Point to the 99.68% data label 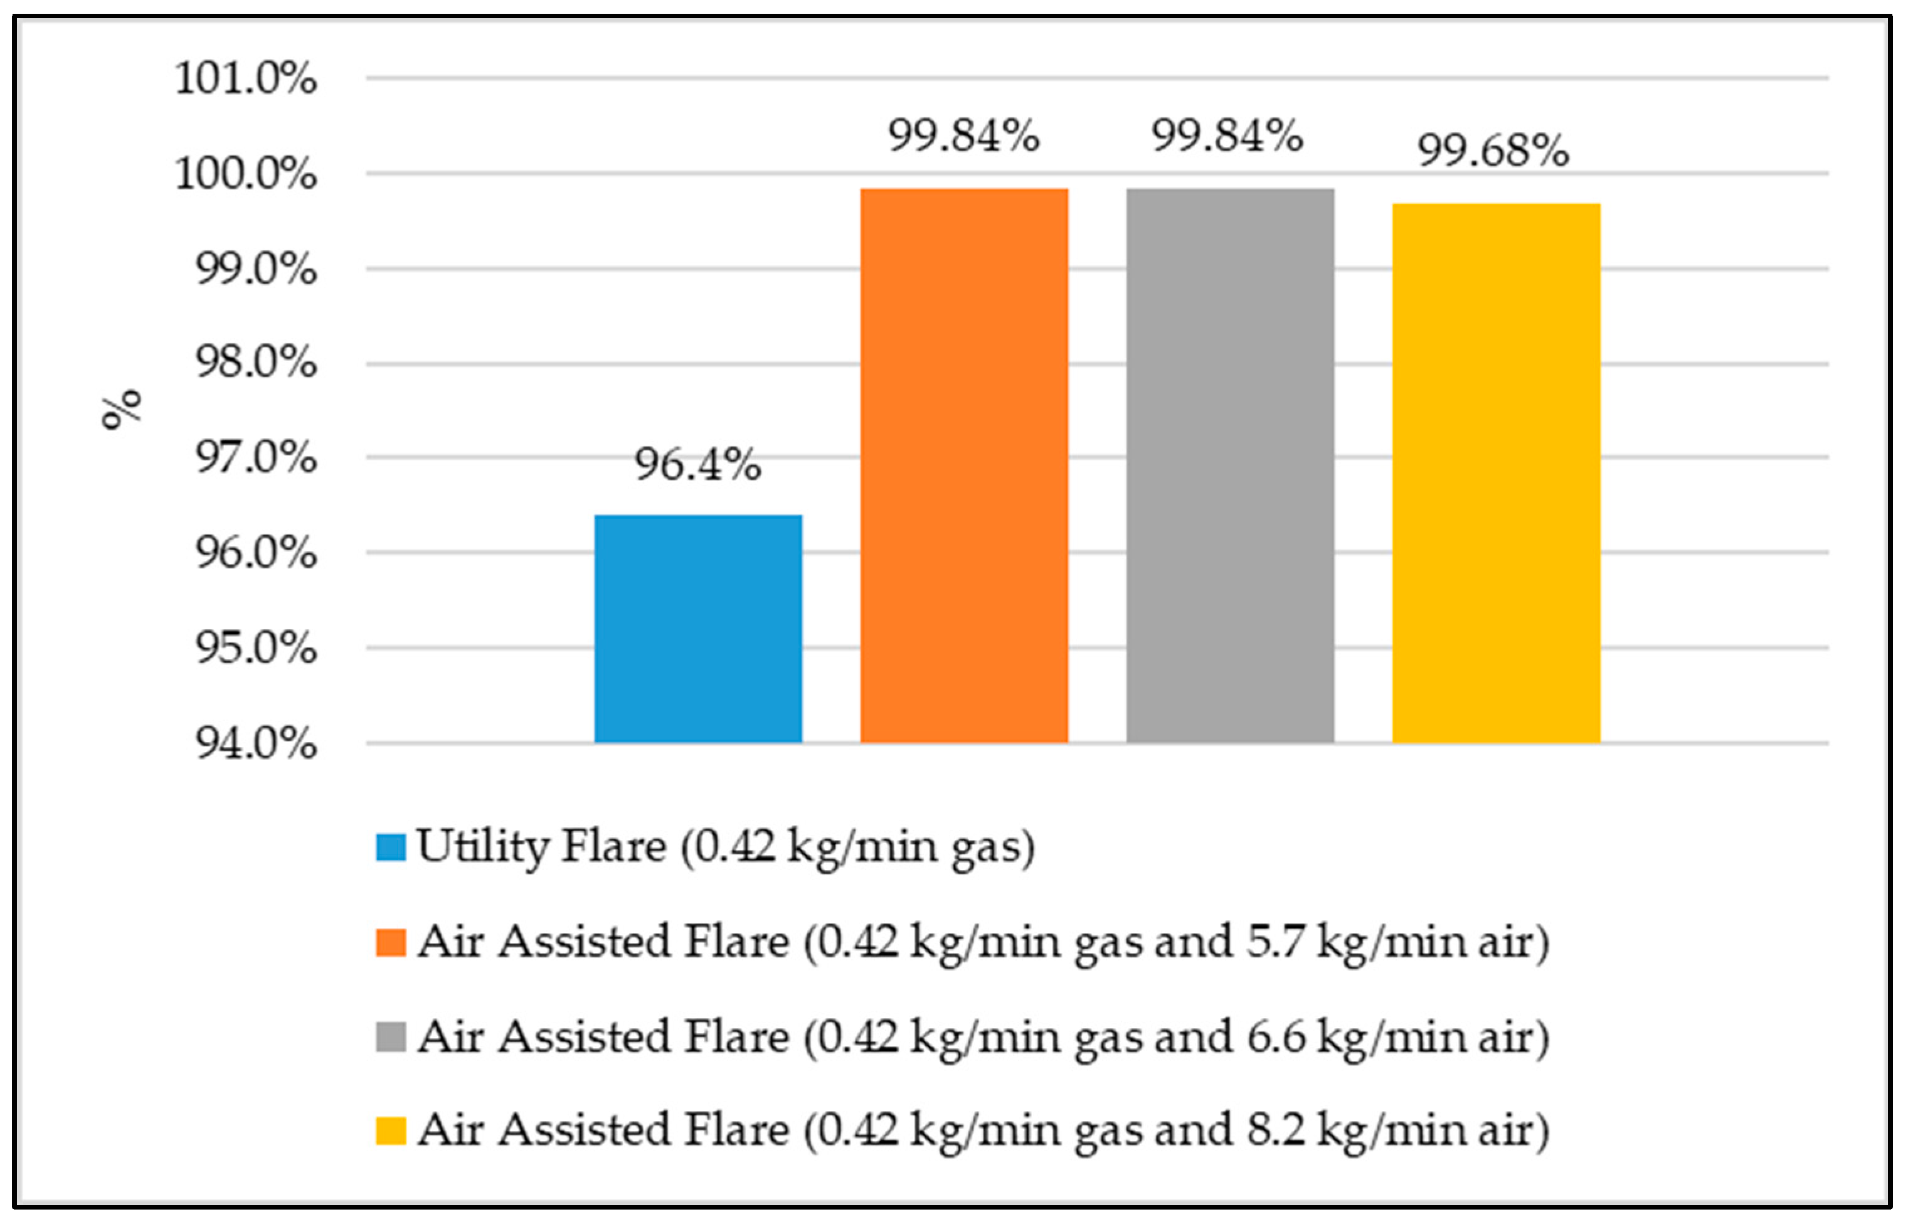1493,150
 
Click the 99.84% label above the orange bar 963,135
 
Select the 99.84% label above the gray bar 1227,135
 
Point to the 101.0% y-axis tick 246,78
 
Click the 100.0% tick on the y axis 246,173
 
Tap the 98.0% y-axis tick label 256,363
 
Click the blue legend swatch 391,848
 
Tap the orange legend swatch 391,942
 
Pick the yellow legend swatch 391,1131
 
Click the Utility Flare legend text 726,848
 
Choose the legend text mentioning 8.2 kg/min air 983,1131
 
